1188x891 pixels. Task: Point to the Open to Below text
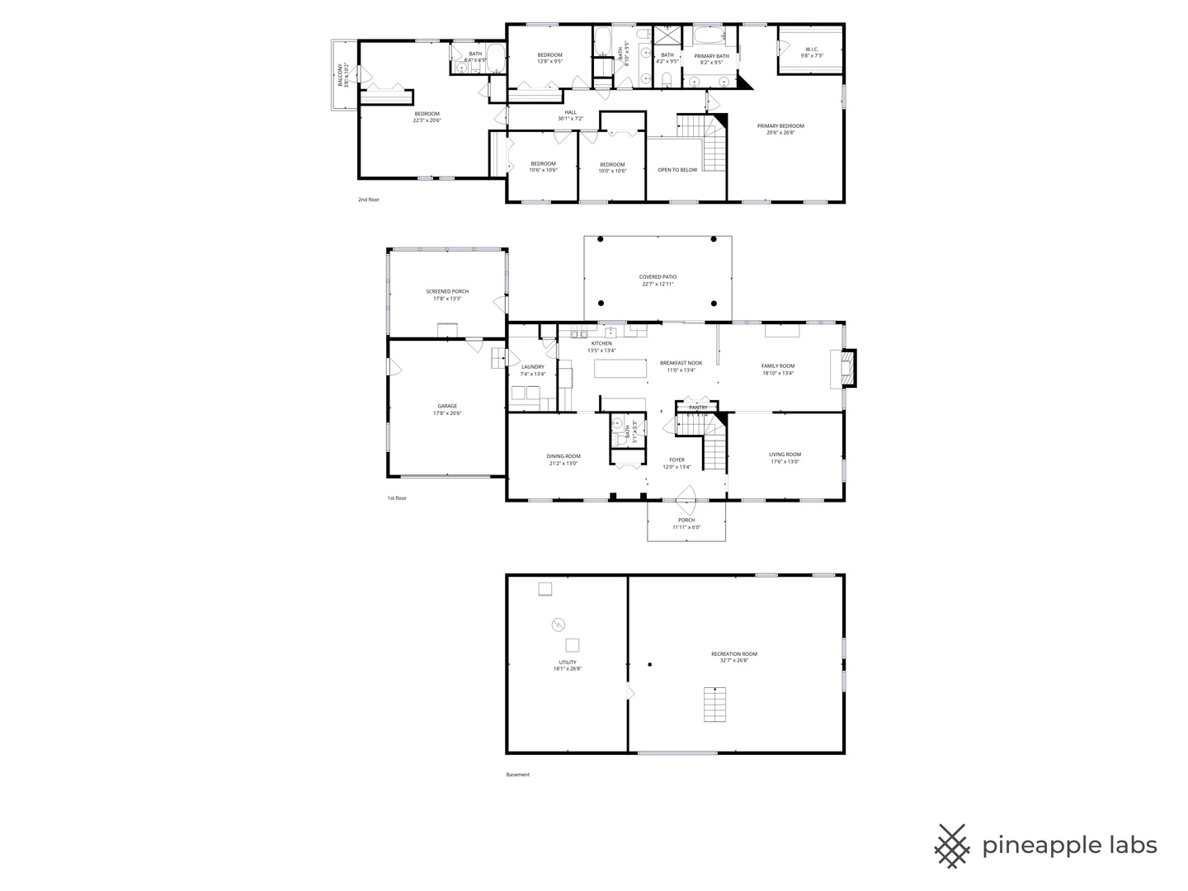click(x=677, y=170)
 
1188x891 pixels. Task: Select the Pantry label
click(x=698, y=408)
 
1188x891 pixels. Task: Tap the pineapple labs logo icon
click(x=952, y=846)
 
